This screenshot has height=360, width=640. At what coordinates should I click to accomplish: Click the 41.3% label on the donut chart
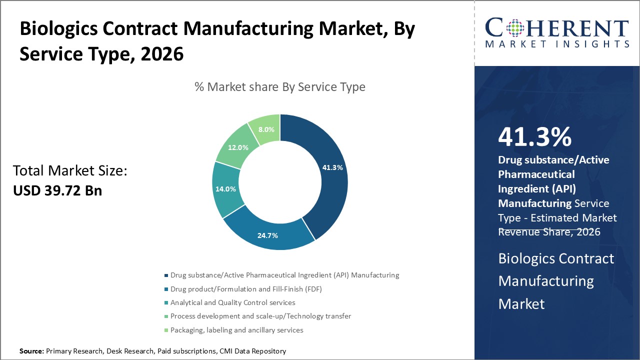point(332,167)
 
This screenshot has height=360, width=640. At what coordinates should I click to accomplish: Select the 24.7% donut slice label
point(267,235)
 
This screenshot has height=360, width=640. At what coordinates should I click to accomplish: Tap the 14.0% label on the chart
point(225,189)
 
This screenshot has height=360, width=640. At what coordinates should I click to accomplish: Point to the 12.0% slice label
point(238,147)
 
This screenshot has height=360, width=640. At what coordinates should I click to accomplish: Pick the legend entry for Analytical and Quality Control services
point(232,302)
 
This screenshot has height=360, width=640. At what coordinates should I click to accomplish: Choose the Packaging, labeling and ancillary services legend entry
point(236,330)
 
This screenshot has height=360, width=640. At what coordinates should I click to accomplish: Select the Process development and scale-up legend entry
point(260,316)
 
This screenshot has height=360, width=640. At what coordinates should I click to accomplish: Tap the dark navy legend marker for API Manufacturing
point(166,275)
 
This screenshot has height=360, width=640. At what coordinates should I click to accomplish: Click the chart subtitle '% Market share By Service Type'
point(280,87)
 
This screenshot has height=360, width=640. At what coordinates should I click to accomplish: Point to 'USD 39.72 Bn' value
point(57,190)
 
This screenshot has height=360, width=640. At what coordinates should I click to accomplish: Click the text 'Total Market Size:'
point(70,171)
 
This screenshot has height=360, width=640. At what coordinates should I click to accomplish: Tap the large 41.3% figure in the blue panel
point(534,137)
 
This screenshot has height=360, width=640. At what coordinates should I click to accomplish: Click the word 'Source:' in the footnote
point(31,351)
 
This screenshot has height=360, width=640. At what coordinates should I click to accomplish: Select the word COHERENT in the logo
point(556,28)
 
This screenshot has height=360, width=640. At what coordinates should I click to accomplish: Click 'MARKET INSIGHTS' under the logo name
point(556,44)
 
